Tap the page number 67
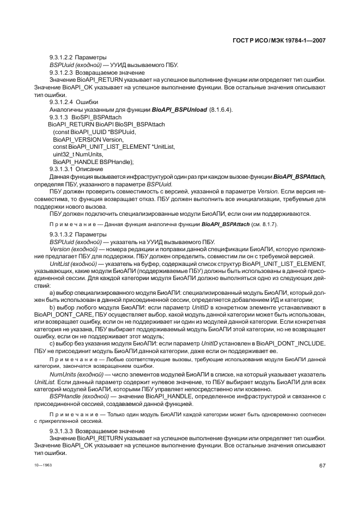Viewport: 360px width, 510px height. (322, 465)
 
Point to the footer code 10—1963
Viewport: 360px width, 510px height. (42, 465)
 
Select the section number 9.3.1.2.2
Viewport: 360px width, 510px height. (60, 57)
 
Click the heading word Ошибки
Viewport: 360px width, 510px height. (87, 102)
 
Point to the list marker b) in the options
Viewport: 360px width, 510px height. (52, 308)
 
